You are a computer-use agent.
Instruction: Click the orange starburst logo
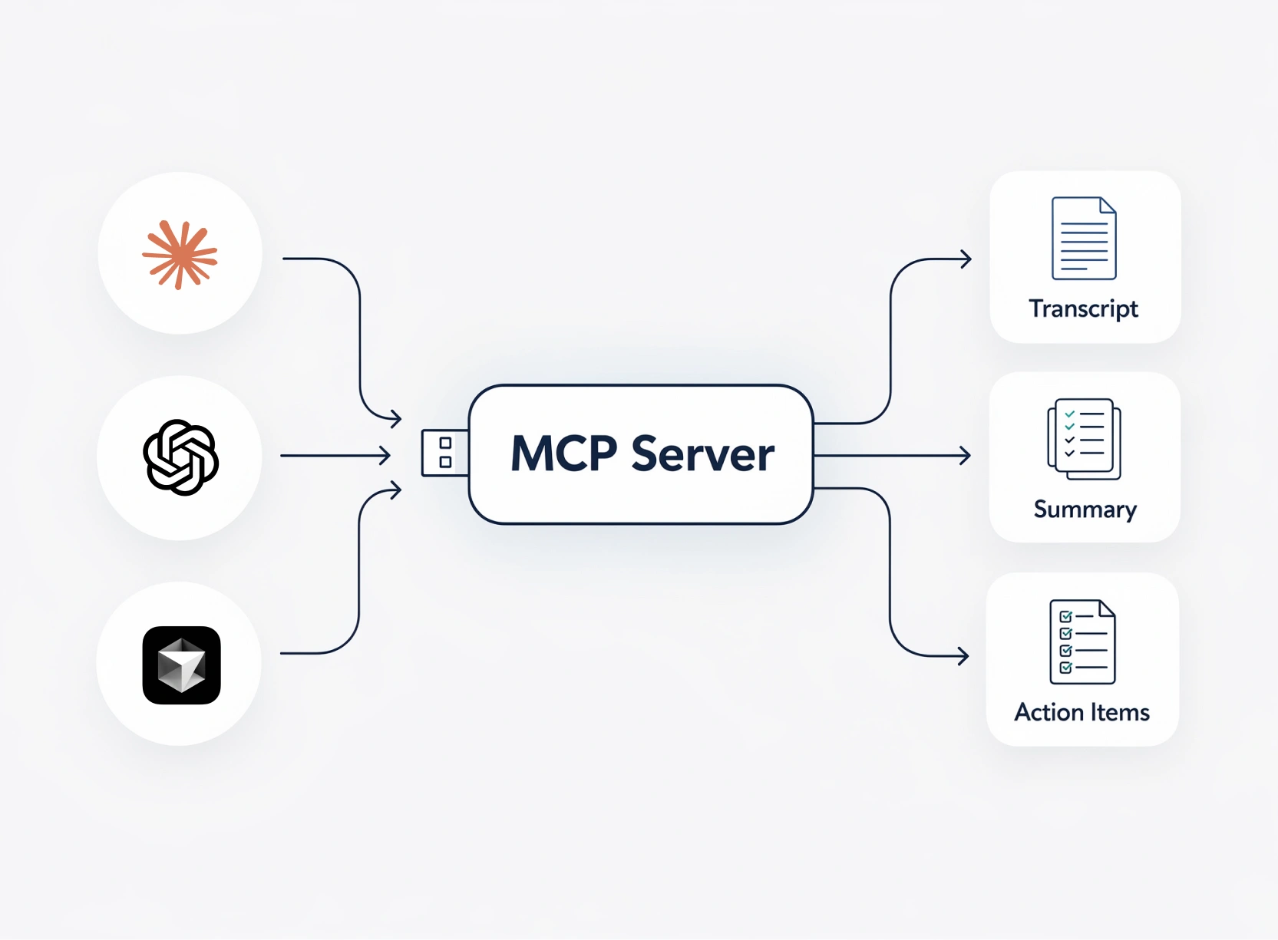click(x=180, y=255)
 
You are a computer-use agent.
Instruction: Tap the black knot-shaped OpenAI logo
click(x=181, y=457)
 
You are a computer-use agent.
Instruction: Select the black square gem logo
click(x=181, y=665)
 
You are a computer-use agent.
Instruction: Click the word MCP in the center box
click(x=563, y=454)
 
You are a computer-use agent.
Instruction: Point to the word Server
click(x=702, y=454)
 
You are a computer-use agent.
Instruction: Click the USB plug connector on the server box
click(x=444, y=453)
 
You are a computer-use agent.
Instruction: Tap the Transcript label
click(x=1083, y=308)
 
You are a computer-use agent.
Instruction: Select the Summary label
click(x=1085, y=510)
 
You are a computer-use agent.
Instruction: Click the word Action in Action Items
click(x=1048, y=712)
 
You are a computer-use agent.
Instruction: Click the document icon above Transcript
click(x=1083, y=238)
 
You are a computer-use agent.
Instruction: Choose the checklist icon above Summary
click(x=1084, y=439)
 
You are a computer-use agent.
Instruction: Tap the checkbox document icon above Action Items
click(x=1082, y=642)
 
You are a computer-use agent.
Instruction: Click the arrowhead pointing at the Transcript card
click(x=966, y=259)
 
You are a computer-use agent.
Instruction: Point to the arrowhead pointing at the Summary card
click(x=966, y=456)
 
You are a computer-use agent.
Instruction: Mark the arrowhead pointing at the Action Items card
click(x=963, y=656)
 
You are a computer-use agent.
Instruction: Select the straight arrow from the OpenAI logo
click(x=334, y=456)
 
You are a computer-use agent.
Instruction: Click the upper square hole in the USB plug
click(x=445, y=443)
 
